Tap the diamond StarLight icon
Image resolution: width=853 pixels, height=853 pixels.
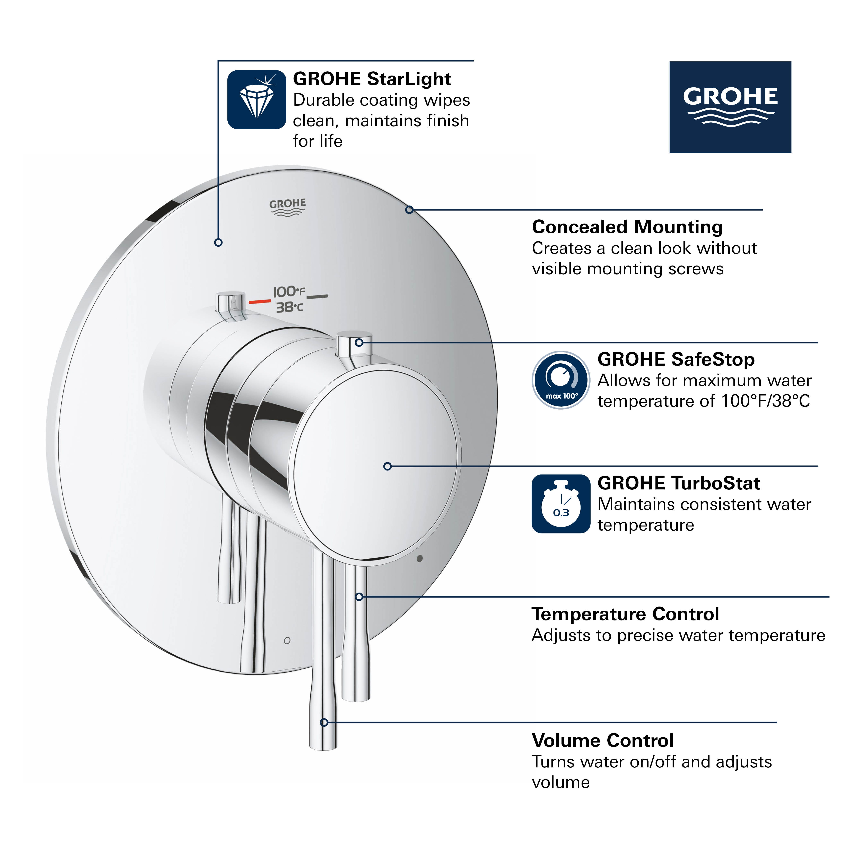pos(256,99)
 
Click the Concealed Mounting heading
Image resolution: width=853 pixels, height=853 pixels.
pos(627,227)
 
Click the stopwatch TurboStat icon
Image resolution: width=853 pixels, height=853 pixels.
pos(561,504)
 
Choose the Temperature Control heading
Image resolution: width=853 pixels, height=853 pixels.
pos(625,614)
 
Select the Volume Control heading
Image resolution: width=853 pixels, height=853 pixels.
pos(602,740)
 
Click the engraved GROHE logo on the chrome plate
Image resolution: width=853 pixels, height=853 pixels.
pos(287,207)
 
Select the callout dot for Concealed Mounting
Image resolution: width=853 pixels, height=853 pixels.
pos(409,210)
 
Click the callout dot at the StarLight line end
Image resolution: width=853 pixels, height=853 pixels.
pos(218,242)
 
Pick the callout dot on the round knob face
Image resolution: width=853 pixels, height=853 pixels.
pos(387,466)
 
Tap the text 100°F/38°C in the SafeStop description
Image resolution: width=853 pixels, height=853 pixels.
pos(765,401)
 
